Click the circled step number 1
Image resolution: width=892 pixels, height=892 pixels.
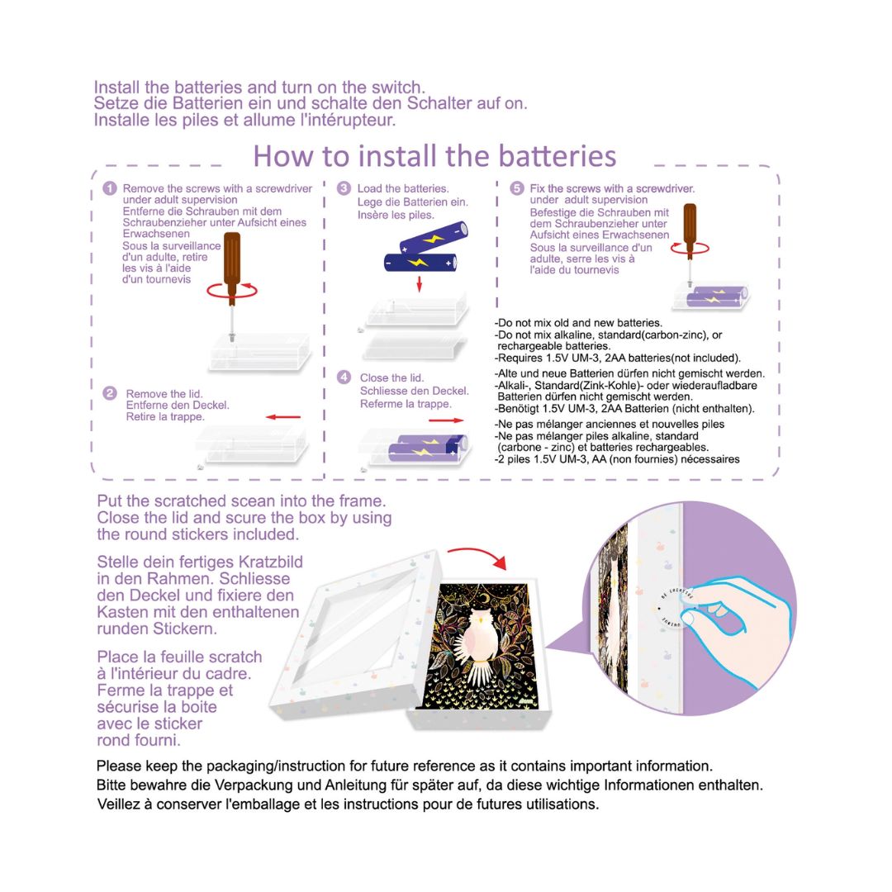(110, 188)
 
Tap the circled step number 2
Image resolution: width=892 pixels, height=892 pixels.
(110, 393)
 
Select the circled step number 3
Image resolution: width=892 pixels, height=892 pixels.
(344, 188)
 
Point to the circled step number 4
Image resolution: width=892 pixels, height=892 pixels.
(344, 377)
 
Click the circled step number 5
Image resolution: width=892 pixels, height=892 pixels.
(516, 188)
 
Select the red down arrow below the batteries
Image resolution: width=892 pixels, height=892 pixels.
(420, 284)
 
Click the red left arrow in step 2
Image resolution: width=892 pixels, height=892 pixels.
(282, 417)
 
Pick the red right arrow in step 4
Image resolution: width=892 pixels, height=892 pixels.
(446, 420)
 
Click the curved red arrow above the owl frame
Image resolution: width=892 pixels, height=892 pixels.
(478, 555)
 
